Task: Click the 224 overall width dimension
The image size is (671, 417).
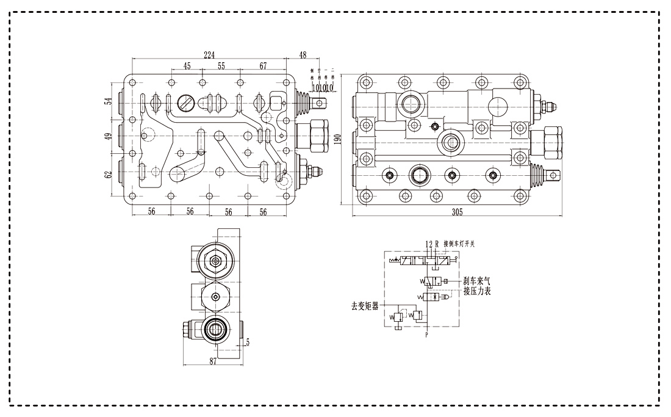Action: [209, 55]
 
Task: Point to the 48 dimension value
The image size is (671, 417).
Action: [303, 55]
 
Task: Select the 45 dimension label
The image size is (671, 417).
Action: [187, 65]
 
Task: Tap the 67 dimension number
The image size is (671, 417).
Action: [263, 65]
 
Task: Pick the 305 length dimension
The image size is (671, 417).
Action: [457, 212]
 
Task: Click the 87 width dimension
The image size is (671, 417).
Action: [213, 361]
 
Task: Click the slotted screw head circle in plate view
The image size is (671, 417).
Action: [186, 104]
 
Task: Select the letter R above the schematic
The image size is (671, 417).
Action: [437, 244]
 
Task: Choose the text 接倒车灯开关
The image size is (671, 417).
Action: [460, 244]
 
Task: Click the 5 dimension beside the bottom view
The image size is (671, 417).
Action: [247, 343]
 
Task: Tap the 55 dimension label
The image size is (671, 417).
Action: [221, 65]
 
